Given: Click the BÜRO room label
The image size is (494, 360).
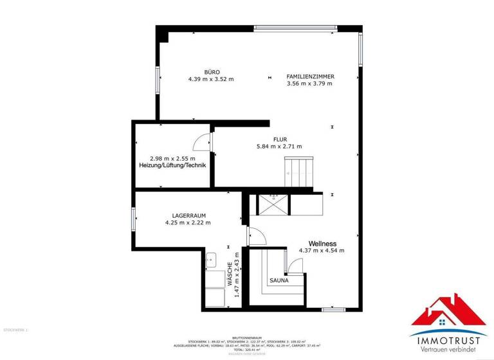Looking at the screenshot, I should (x=212, y=72).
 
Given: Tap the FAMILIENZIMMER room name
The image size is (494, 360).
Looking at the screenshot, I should (x=309, y=76).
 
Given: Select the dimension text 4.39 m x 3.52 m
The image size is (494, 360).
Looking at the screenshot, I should (x=211, y=79).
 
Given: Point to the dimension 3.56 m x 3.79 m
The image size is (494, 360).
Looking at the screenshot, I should (x=309, y=83).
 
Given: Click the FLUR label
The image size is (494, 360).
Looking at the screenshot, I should (x=279, y=139).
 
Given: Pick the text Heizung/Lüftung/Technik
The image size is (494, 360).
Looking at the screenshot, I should (x=172, y=166).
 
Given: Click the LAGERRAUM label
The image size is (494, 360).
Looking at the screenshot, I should (x=188, y=215).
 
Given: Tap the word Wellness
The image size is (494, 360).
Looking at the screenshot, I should (x=322, y=243).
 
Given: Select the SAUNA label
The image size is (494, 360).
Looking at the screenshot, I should (x=279, y=280).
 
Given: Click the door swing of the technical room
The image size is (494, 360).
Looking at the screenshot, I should (x=201, y=142).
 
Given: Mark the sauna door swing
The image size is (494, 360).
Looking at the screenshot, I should (x=295, y=265).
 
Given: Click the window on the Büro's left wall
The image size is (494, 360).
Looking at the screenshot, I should (x=157, y=80).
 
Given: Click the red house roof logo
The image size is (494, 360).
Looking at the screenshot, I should (x=448, y=312).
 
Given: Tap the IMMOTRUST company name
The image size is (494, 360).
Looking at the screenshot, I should (x=448, y=336).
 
